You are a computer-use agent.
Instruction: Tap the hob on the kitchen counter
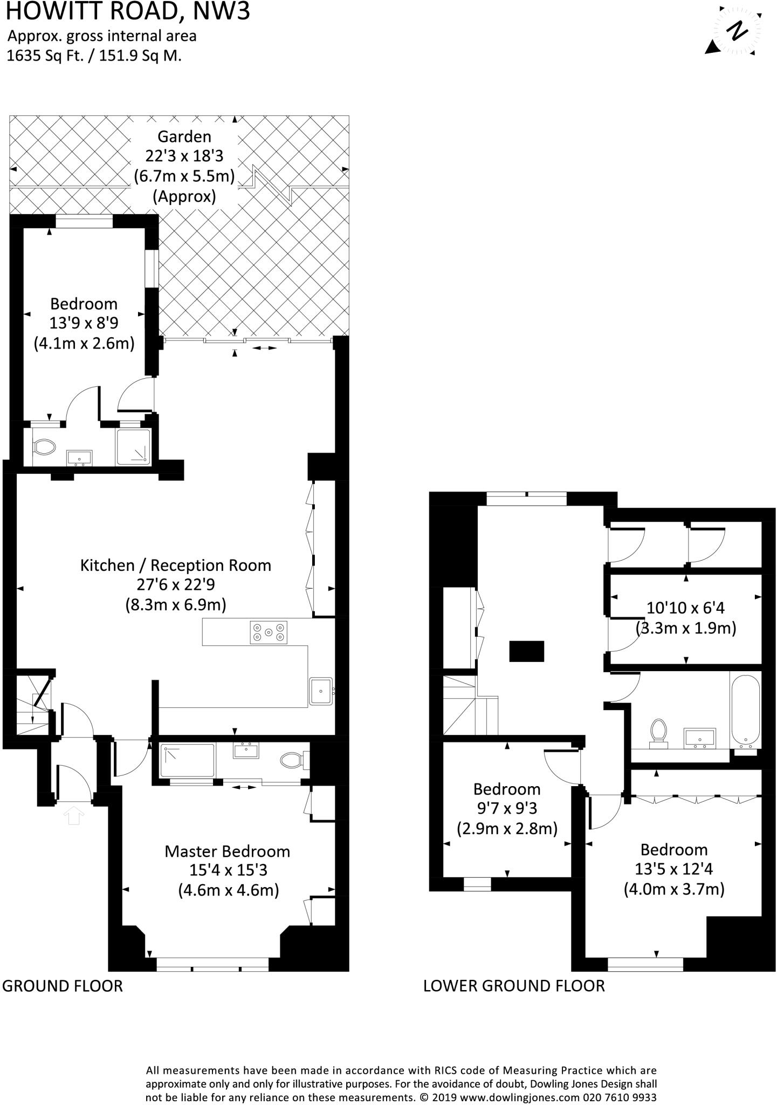coord(269,632)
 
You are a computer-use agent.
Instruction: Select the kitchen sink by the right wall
coord(321,691)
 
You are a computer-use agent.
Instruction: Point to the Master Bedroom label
coord(227,851)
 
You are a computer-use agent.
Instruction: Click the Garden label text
coord(184,137)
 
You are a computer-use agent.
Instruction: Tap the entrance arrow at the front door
coord(74,815)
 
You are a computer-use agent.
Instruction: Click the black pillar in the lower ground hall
coord(526,651)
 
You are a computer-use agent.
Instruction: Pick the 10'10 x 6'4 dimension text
coord(685,608)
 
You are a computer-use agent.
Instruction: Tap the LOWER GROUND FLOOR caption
coord(514,986)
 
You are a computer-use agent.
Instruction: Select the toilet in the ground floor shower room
coord(44,447)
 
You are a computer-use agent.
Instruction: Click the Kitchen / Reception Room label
coord(175,565)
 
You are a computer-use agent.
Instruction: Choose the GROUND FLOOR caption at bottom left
coord(63,986)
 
